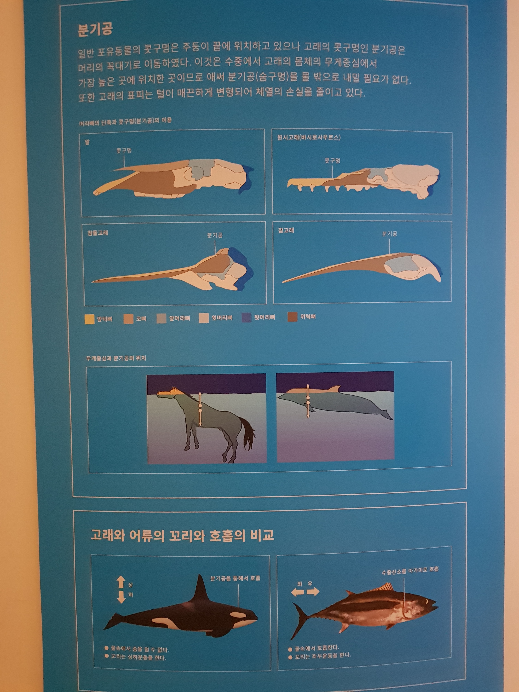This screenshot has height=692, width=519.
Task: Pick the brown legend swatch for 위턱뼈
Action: pyautogui.click(x=292, y=317)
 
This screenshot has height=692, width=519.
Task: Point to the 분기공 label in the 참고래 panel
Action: pyautogui.click(x=389, y=234)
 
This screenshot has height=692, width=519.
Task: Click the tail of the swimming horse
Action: pyautogui.click(x=247, y=433)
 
